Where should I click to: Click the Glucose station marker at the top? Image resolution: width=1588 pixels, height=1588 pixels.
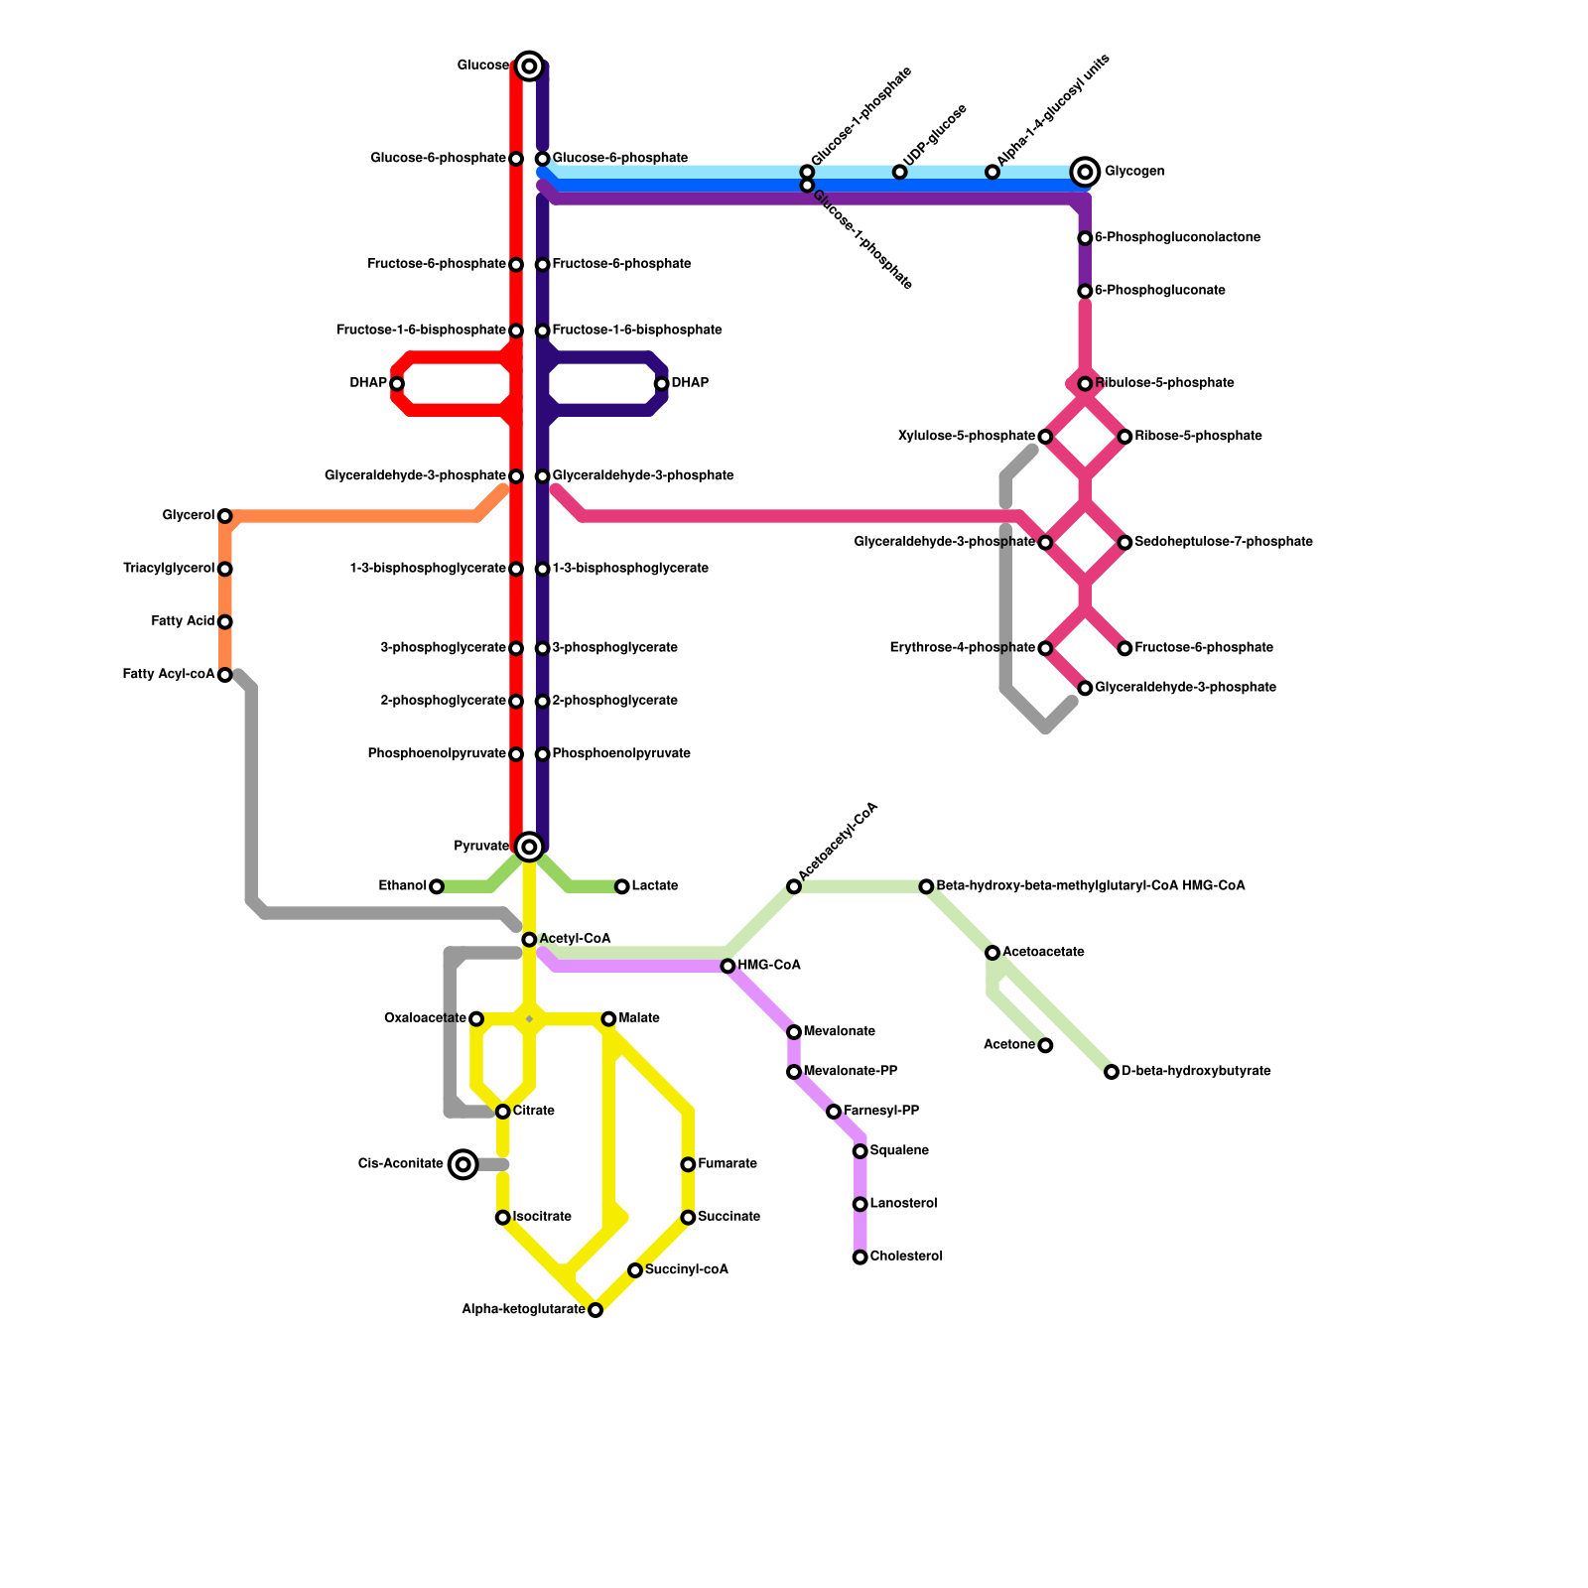(x=529, y=66)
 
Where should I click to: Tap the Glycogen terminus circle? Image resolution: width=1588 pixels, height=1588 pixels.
(x=1086, y=172)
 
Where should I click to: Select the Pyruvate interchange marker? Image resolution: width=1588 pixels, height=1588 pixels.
(x=529, y=847)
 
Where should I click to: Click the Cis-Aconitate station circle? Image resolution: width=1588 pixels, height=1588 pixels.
(x=463, y=1164)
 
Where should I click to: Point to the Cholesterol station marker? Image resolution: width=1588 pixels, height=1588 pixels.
(x=860, y=1257)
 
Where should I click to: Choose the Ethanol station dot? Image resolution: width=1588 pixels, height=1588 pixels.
(x=437, y=886)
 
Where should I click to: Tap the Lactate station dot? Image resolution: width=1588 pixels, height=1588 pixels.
(x=622, y=886)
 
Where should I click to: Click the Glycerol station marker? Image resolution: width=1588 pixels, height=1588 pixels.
(x=225, y=516)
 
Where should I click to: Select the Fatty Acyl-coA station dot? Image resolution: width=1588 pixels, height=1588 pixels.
(x=225, y=675)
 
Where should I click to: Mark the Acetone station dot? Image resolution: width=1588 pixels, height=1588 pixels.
(x=1045, y=1045)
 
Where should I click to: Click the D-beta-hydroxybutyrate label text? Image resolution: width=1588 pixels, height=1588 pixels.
(x=1196, y=1072)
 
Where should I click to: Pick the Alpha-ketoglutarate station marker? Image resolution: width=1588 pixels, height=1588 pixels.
(x=595, y=1310)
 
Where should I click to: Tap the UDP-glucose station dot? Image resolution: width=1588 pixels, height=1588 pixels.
(x=900, y=172)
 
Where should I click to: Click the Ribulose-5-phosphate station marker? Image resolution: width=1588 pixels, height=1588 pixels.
(x=1086, y=384)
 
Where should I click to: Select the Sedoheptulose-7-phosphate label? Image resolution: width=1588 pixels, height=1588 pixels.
(x=1224, y=542)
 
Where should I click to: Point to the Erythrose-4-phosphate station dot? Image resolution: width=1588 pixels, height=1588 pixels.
(x=1045, y=648)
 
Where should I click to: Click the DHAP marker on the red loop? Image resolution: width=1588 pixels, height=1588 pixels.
(x=397, y=384)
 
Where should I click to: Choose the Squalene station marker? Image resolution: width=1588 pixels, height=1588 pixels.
(x=860, y=1151)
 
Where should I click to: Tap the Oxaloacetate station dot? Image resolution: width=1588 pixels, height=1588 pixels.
(x=476, y=1019)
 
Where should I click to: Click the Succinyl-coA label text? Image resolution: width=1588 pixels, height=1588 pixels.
(x=686, y=1270)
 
